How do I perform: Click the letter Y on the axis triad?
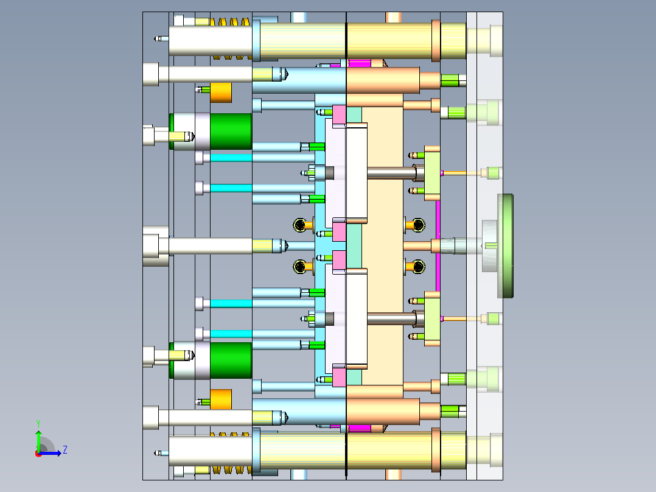[x=38, y=423]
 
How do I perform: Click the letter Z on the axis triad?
[x=65, y=450]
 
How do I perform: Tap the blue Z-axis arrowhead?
[x=59, y=453]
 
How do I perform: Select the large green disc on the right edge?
[x=505, y=246]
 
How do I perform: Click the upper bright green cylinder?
[x=231, y=131]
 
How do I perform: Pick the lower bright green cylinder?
[x=231, y=360]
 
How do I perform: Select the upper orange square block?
[x=221, y=93]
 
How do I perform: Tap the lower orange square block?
[x=221, y=399]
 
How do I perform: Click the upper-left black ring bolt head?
[x=299, y=225]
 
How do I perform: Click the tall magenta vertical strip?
[x=438, y=246]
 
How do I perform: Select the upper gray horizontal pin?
[x=392, y=173]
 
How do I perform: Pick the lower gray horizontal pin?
[x=392, y=318]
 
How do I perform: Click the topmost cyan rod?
[x=231, y=158]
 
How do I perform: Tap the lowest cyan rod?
[x=231, y=334]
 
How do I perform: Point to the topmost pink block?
[x=339, y=114]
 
